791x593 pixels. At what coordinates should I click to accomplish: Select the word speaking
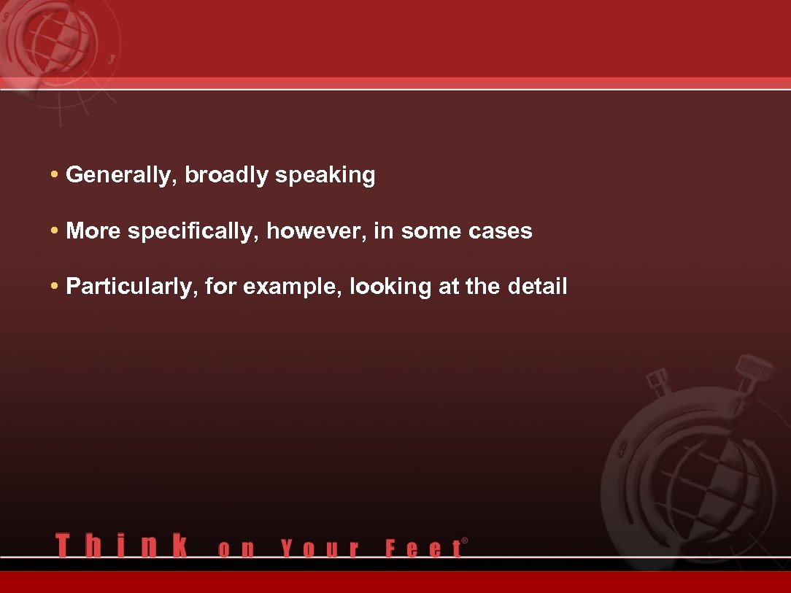point(325,176)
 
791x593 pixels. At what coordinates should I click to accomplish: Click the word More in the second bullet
point(94,231)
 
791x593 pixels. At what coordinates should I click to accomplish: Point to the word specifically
point(193,232)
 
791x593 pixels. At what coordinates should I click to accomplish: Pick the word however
point(316,231)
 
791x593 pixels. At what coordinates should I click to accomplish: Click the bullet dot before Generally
point(55,176)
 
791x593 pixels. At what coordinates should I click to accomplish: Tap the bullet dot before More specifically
point(55,231)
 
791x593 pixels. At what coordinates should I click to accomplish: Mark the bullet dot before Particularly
point(55,287)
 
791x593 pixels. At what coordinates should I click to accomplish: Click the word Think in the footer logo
point(121,546)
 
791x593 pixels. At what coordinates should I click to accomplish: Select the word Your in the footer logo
point(320,549)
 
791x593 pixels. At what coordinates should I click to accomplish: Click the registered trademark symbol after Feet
point(465,541)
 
